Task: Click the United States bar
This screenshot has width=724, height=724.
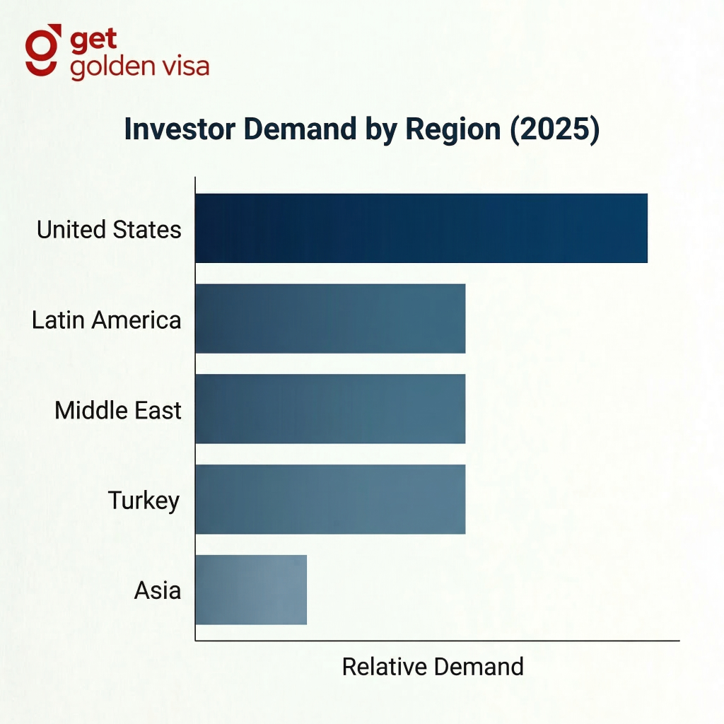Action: click(421, 228)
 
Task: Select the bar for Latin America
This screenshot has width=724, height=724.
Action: click(330, 319)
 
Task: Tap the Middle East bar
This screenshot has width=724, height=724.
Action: click(330, 409)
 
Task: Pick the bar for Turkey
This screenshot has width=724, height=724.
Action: click(330, 499)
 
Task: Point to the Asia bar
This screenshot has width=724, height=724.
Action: click(251, 590)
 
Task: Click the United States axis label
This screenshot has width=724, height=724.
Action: click(109, 230)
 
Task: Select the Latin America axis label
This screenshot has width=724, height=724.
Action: click(106, 320)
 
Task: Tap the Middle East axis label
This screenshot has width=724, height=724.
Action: click(117, 410)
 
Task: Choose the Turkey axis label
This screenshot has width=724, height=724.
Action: click(144, 501)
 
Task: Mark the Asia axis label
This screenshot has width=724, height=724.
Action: click(157, 590)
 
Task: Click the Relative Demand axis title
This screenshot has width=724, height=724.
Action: click(433, 667)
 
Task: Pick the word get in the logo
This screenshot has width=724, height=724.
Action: click(93, 41)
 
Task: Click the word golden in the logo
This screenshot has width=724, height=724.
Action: click(113, 66)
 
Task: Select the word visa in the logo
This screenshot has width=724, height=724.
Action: click(185, 66)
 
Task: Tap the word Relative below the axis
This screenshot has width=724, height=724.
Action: click(385, 667)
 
